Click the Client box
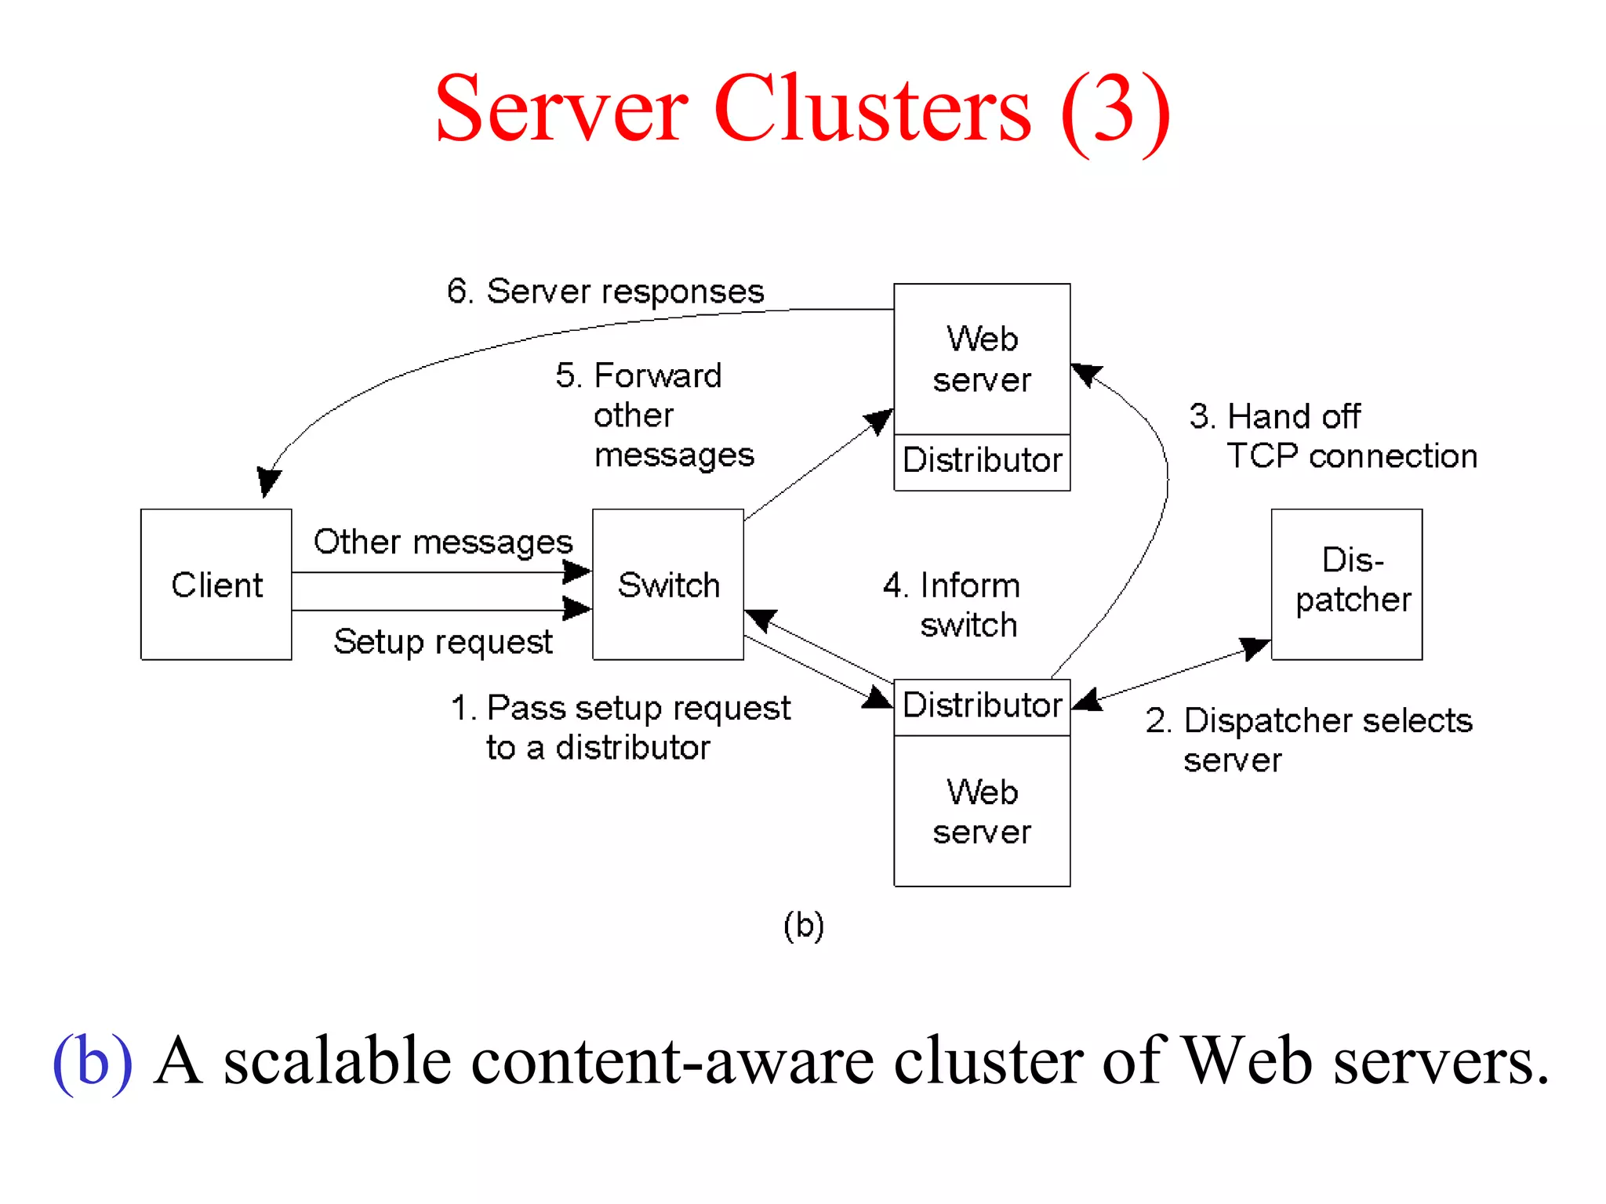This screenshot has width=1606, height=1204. [x=216, y=585]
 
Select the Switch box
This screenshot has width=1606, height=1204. [x=667, y=585]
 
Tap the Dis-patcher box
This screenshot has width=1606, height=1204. [x=1346, y=584]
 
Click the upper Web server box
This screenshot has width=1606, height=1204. [x=982, y=359]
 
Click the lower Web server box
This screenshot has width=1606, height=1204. [x=982, y=811]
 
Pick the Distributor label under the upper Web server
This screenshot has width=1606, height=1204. [x=982, y=461]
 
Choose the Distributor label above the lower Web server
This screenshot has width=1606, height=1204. [x=982, y=705]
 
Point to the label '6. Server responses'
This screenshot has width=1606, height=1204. [x=605, y=292]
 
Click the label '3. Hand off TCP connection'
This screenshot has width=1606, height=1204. [x=1333, y=437]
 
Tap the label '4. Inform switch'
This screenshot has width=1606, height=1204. [x=952, y=605]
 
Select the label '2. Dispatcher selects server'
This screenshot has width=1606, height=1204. [x=1308, y=740]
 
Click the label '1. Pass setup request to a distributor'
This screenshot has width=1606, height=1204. [x=620, y=727]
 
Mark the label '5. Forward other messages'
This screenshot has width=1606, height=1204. [x=656, y=415]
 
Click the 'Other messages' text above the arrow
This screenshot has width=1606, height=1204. [x=443, y=542]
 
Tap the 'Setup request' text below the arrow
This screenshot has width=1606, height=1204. [x=443, y=642]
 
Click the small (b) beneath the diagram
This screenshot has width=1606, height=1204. [x=803, y=926]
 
